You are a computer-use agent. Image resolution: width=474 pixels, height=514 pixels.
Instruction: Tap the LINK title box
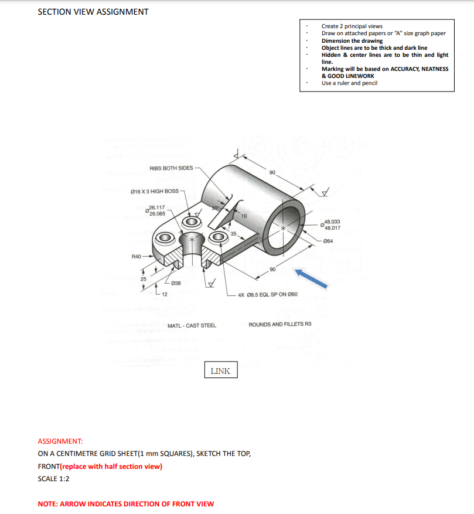(221, 370)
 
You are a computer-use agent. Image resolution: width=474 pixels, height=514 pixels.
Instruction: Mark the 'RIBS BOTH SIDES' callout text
(171, 168)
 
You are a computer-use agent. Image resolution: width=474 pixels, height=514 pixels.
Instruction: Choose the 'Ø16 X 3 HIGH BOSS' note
(154, 191)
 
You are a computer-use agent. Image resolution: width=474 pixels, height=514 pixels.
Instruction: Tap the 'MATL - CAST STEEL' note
(192, 325)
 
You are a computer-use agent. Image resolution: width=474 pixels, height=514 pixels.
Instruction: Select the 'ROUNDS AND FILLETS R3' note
(280, 324)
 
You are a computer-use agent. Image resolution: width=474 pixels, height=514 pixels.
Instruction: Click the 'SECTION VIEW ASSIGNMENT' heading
(93, 12)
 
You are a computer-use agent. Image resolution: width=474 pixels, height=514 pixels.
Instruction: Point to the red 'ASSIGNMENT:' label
(60, 441)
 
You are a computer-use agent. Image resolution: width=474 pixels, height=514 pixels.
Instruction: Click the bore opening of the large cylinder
(284, 227)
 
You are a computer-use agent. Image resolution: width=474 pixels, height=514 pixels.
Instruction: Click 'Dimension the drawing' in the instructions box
(352, 40)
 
